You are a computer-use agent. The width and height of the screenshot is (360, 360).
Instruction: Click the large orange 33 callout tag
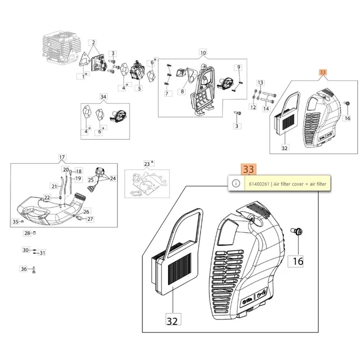(x=248, y=169)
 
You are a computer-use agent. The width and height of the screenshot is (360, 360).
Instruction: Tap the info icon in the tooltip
(x=235, y=183)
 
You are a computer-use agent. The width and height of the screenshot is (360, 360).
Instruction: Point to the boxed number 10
(x=203, y=53)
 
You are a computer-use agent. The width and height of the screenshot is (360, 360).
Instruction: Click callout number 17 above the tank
(x=62, y=157)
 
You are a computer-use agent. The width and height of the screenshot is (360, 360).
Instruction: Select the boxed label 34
(x=103, y=96)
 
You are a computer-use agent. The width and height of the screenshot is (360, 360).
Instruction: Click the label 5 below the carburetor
(x=139, y=88)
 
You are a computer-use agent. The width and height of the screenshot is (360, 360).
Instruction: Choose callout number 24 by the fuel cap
(x=112, y=178)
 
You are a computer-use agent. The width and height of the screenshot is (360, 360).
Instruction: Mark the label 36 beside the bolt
(x=24, y=269)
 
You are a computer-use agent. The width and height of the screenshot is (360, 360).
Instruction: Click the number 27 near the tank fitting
(x=90, y=219)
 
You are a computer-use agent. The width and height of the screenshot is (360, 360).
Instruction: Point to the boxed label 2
(x=93, y=43)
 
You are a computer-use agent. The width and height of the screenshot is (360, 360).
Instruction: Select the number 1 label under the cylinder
(x=83, y=77)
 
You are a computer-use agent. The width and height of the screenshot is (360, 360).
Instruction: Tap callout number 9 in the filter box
(x=239, y=67)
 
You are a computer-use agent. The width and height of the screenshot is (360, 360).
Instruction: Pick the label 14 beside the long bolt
(x=266, y=108)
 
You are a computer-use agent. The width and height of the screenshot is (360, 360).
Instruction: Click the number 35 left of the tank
(x=15, y=221)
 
